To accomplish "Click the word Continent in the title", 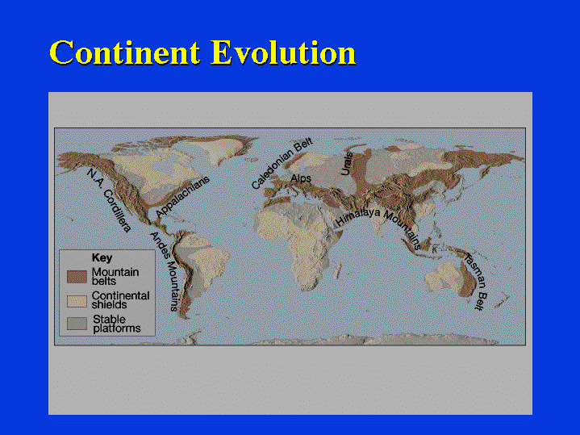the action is (125, 52).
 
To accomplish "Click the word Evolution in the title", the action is (283, 52).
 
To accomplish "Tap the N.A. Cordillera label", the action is (109, 200).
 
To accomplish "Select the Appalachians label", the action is (182, 197).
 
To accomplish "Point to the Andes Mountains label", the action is (165, 271).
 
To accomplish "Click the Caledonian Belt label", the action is (282, 163).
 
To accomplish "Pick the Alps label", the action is (301, 178).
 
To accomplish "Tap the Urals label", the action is (347, 163).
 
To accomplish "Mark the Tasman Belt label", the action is (476, 282).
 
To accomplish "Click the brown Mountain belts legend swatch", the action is (77, 277).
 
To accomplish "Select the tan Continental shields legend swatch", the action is (77, 301).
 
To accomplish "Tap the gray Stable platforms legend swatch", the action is (77, 323).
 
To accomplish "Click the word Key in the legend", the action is (102, 257).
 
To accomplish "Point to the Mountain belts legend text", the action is (115, 277).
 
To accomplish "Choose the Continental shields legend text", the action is (120, 300).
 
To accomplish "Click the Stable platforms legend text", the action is (117, 324).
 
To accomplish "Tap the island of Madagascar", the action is (337, 271).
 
